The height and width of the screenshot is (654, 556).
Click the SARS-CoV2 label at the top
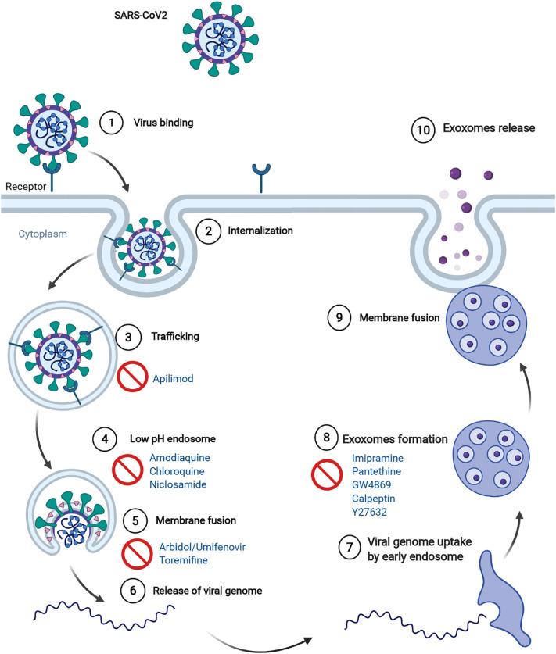click(x=141, y=16)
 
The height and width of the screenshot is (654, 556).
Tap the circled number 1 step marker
click(x=111, y=123)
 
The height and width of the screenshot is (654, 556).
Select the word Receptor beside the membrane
click(x=26, y=187)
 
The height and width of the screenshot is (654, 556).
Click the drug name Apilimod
click(x=173, y=379)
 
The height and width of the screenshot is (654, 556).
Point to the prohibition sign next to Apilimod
click(x=132, y=377)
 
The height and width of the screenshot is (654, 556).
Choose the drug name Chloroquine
click(x=177, y=471)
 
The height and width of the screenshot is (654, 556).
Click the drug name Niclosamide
click(x=178, y=484)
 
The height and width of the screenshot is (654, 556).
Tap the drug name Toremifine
click(x=183, y=560)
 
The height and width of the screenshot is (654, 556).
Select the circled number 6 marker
click(x=133, y=590)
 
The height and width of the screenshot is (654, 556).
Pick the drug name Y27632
click(x=369, y=512)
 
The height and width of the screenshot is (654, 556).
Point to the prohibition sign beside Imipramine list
click(x=327, y=474)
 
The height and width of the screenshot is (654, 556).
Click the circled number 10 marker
click(x=423, y=130)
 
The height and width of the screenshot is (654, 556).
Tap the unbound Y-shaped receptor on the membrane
click(x=261, y=177)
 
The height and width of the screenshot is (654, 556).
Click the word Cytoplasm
click(x=42, y=234)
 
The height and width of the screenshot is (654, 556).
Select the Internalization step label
click(x=260, y=231)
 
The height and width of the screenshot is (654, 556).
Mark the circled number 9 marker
click(x=339, y=317)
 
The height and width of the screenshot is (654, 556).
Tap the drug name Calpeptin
click(x=373, y=499)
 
